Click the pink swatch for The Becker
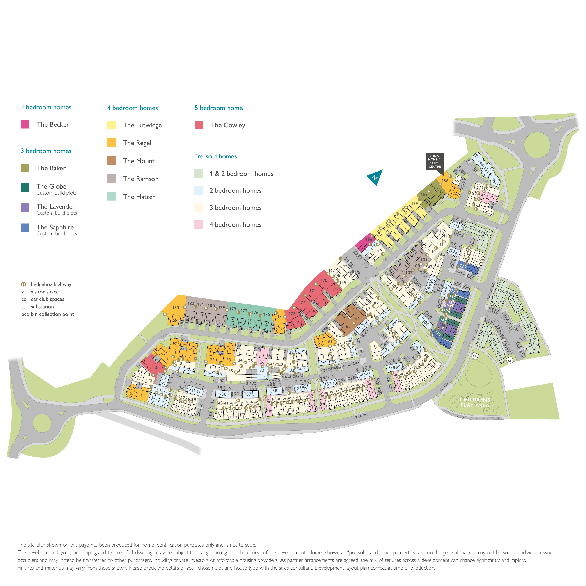(x=25, y=124)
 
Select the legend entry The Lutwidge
(x=142, y=125)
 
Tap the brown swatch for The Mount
(x=111, y=160)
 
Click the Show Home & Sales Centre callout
(x=434, y=161)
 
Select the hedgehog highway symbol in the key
(x=23, y=284)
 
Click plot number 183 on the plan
(x=176, y=308)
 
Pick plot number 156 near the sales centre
(x=445, y=181)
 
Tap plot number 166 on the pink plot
(x=369, y=239)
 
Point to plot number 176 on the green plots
(x=255, y=312)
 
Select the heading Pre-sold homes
(x=215, y=156)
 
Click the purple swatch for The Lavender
(x=25, y=207)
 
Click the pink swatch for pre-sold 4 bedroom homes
(x=198, y=224)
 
